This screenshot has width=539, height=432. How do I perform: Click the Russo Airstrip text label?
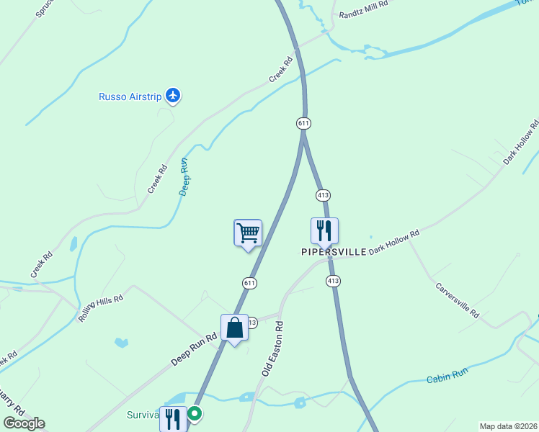tap(130, 96)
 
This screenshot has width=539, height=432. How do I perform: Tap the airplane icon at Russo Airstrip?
tap(172, 94)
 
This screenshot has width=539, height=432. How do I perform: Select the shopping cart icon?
tap(248, 233)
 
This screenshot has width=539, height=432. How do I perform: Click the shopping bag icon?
tap(235, 328)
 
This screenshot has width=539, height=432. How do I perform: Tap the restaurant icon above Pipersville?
tap(324, 231)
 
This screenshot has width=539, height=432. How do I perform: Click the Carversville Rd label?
tap(458, 300)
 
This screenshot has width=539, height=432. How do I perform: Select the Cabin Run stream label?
tap(447, 376)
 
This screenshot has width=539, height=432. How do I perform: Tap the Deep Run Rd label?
tap(194, 348)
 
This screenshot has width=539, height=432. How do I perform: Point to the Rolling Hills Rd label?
tap(101, 307)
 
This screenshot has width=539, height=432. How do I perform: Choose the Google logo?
tap(24, 423)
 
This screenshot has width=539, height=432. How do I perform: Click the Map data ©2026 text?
tap(509, 426)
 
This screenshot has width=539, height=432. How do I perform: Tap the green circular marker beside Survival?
tap(195, 414)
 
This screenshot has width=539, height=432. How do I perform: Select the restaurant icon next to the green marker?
tap(172, 418)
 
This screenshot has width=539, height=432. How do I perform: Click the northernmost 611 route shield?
tap(303, 123)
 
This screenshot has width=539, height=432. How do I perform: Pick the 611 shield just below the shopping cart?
tap(249, 283)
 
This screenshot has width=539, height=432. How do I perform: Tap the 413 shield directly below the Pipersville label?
tap(332, 280)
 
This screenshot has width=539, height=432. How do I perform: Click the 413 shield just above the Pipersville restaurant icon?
tap(323, 195)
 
